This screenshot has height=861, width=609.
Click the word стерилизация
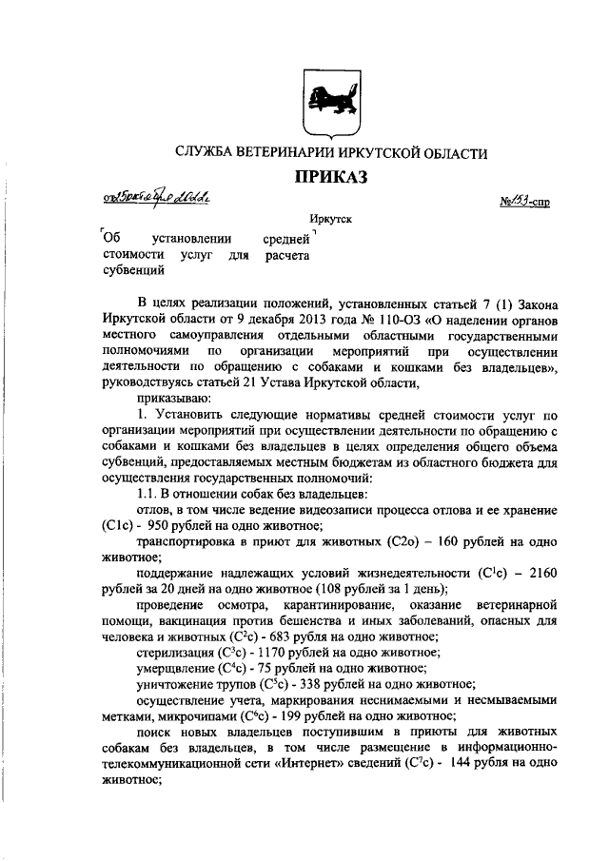pyautogui.click(x=177, y=652)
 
